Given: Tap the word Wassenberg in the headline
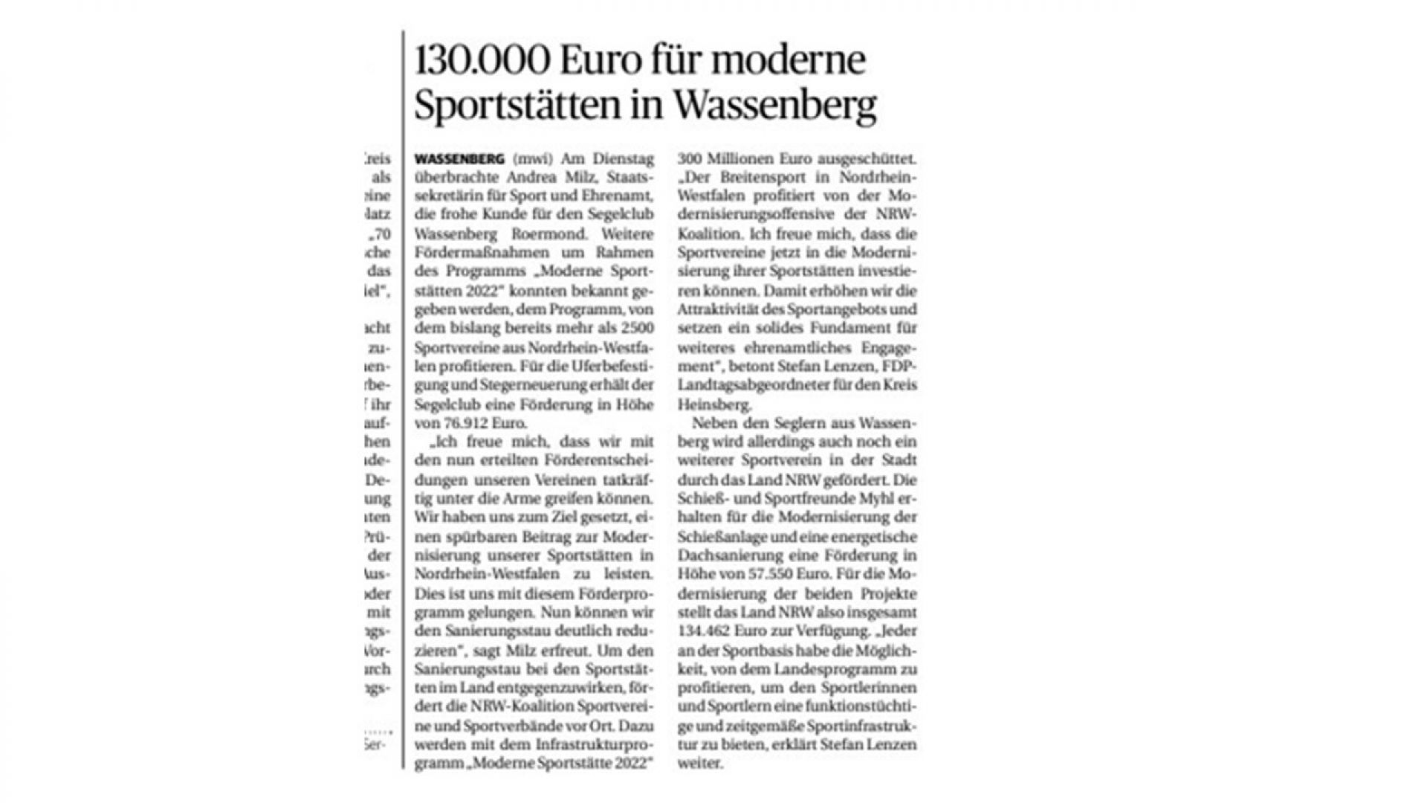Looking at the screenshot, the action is coord(775,106).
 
